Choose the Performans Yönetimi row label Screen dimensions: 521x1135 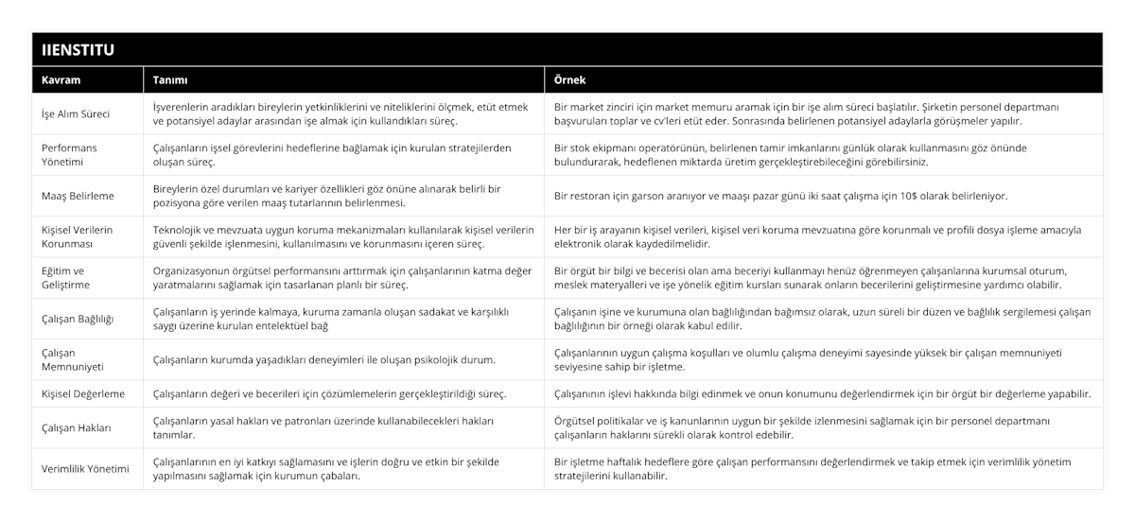(x=69, y=155)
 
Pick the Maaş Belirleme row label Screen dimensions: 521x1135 (x=79, y=196)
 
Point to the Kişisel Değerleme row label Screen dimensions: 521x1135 (x=83, y=393)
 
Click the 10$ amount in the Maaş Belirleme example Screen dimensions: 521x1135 (x=917, y=196)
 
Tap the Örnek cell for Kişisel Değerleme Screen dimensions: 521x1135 (x=823, y=393)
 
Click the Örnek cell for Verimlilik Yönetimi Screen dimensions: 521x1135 (x=812, y=468)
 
